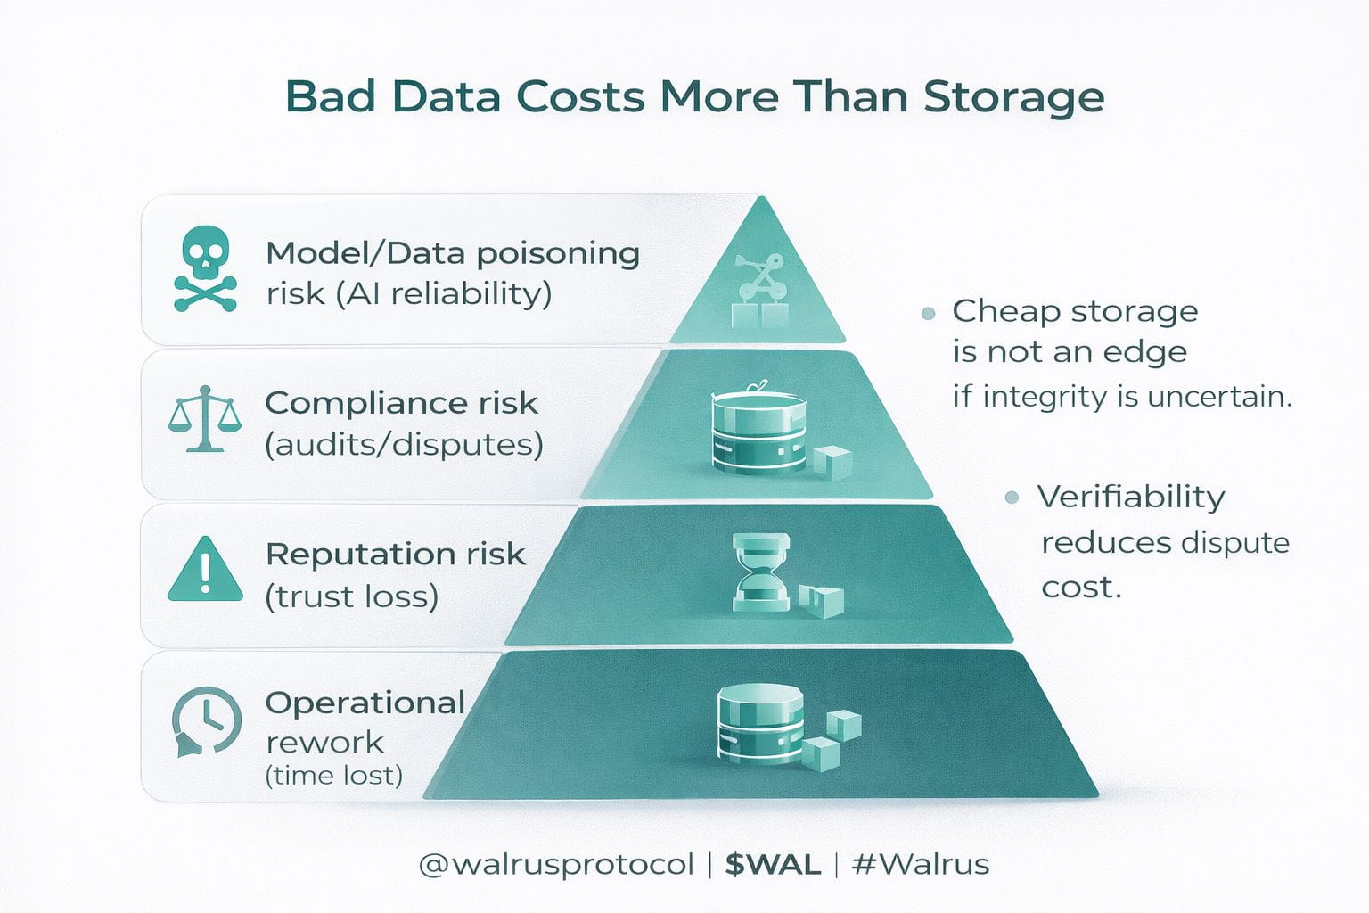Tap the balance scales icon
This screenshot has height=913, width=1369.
205,419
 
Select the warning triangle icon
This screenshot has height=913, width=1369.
205,570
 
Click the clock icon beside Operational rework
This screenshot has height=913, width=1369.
206,721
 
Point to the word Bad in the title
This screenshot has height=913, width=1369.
330,96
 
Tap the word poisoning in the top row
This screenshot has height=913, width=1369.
558,254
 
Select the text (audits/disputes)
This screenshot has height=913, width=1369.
404,444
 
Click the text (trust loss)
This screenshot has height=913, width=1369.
352,596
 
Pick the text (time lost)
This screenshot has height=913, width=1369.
334,775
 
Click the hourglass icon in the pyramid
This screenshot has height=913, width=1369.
760,572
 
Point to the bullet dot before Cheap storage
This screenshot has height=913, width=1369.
928,313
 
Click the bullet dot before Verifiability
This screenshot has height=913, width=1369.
1012,498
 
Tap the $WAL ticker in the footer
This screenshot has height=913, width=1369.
773,864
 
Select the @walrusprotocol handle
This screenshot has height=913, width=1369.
556,864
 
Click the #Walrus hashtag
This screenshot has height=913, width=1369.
921,864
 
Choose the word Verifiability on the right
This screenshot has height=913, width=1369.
1131,497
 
